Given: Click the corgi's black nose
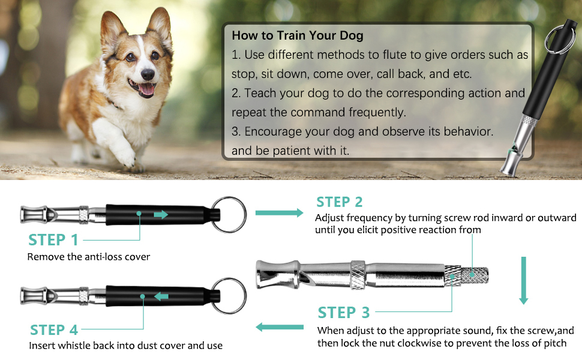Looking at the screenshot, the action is click(148, 74).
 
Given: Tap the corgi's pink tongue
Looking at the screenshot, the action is click(147, 89).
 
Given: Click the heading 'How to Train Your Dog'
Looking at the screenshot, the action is click(298, 35).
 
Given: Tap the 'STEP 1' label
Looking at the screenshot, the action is click(53, 240).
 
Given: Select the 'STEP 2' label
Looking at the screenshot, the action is click(339, 202).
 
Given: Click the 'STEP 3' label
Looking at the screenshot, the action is click(344, 313).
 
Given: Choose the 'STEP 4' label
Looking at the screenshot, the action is click(54, 330).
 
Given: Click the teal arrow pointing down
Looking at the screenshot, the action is click(523, 281).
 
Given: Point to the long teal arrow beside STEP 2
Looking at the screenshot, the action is click(279, 212).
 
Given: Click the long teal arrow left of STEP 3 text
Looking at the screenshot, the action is click(280, 327).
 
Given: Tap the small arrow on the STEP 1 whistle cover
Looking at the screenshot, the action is click(161, 214).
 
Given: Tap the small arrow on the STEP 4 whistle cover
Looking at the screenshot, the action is click(161, 296).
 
